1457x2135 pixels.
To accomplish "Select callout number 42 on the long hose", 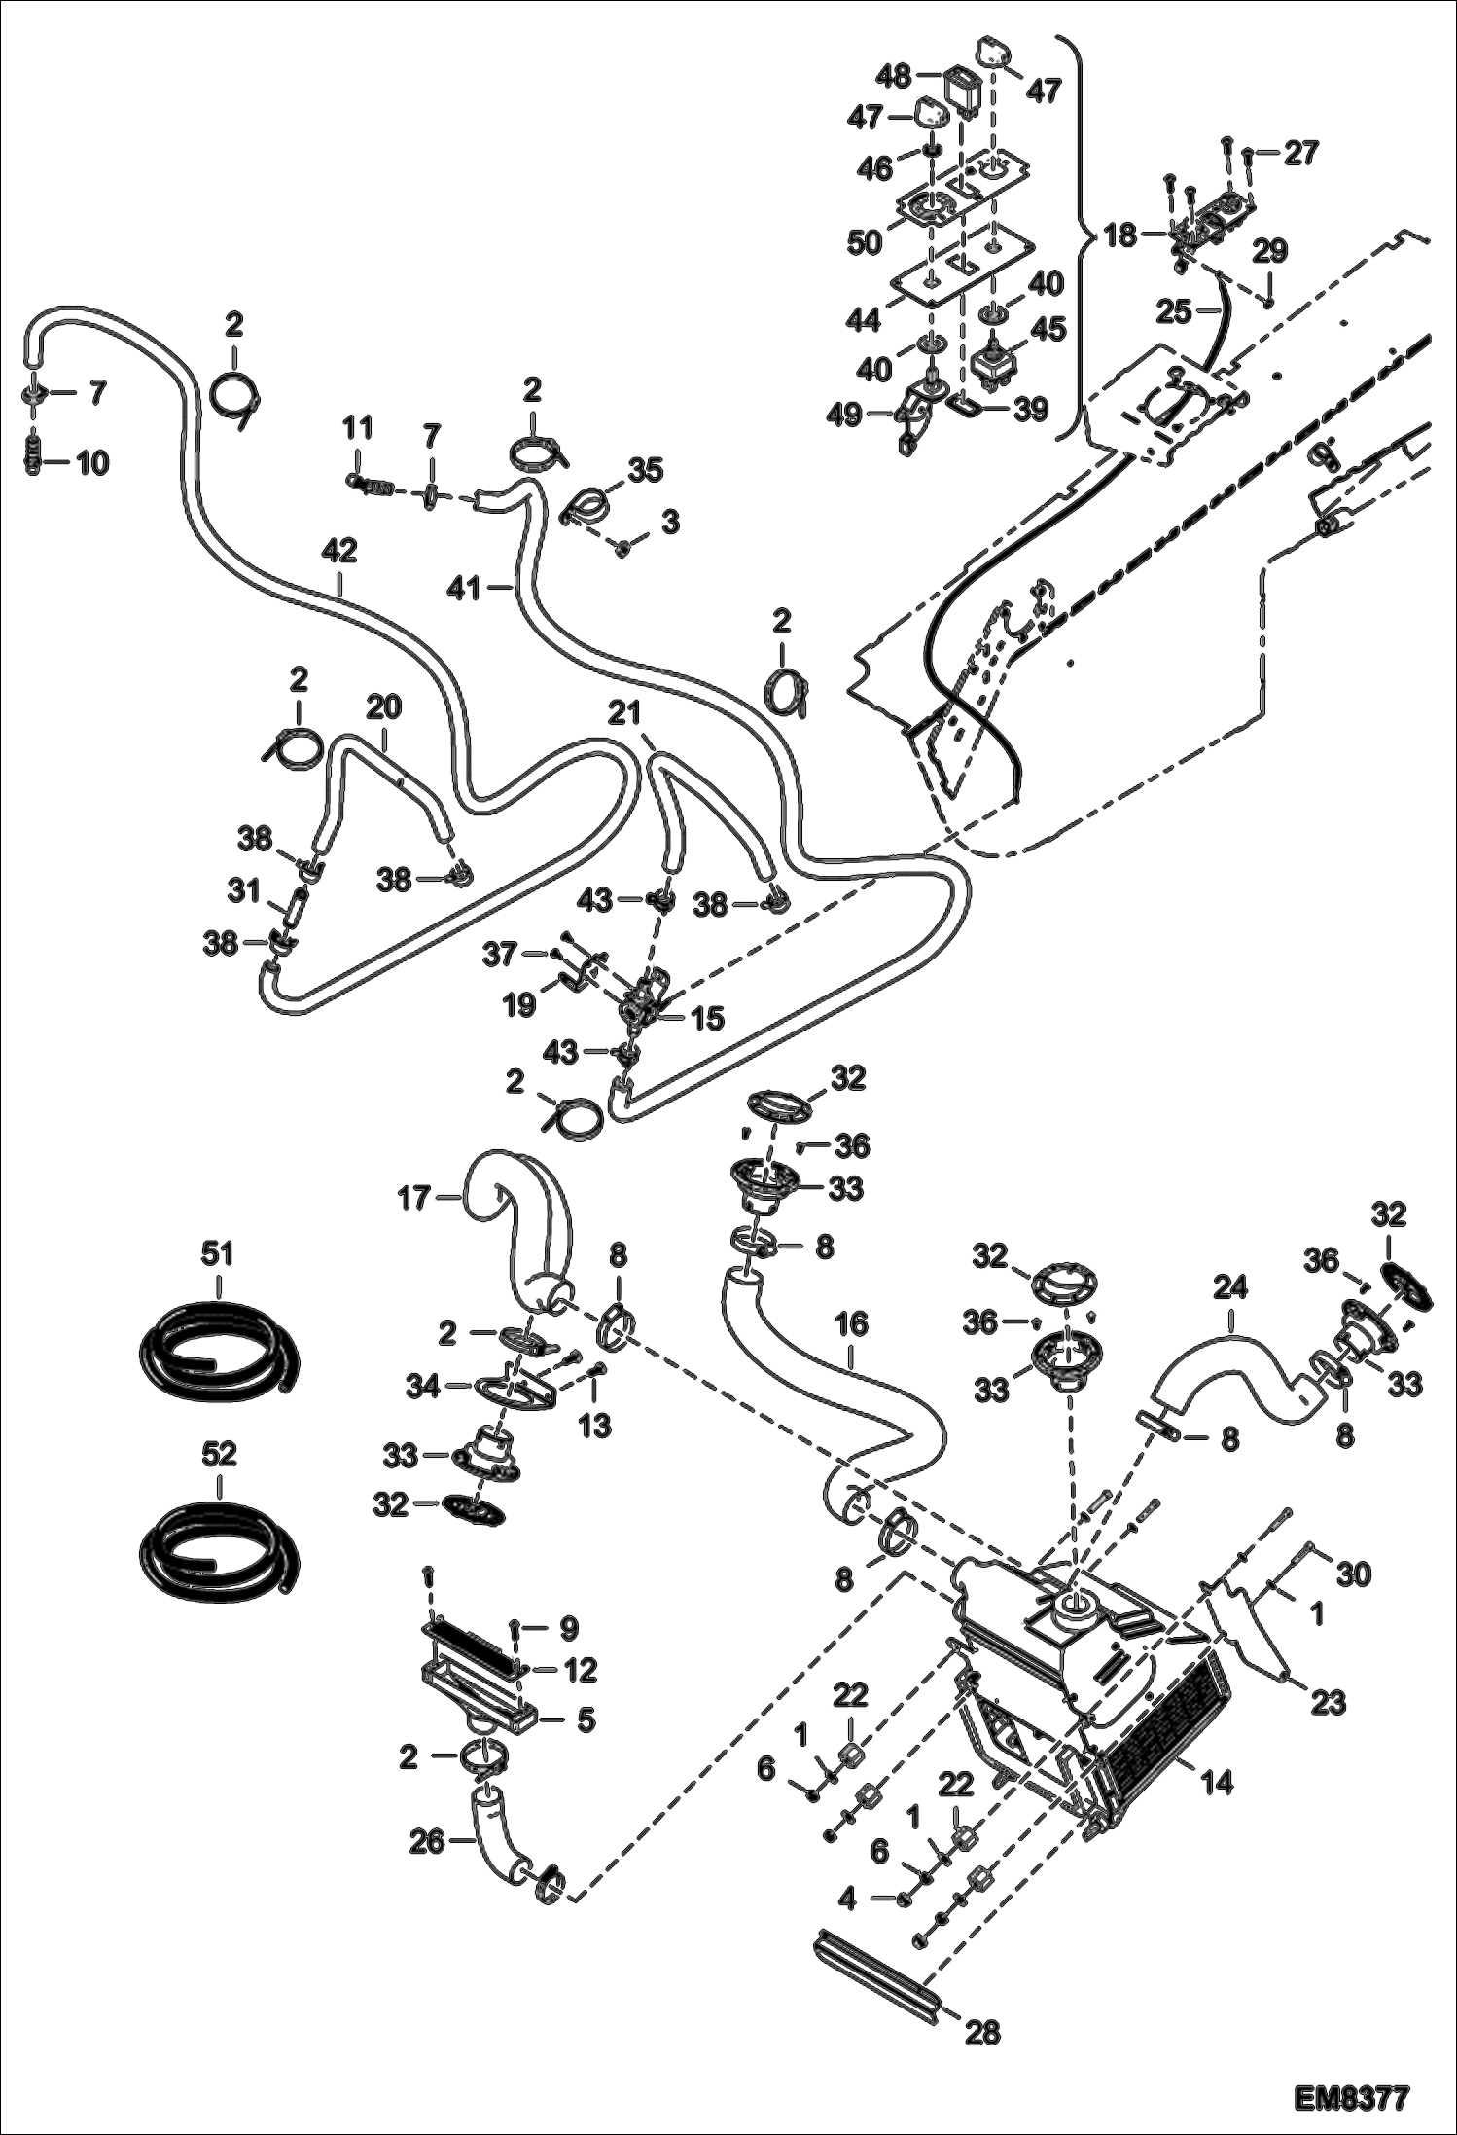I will [339, 552].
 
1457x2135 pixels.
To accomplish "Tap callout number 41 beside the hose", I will [466, 587].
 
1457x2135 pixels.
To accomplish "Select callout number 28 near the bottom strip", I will [982, 2032].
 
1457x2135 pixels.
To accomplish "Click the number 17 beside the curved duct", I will [414, 1198].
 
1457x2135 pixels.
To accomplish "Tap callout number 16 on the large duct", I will [852, 1325].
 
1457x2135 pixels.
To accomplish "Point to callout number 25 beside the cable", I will [1174, 311].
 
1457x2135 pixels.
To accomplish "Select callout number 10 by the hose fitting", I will [92, 463].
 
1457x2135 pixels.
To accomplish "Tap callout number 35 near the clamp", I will [645, 472].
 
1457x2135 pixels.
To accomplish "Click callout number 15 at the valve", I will [707, 1019].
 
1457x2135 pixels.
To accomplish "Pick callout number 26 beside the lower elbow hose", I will [427, 1841].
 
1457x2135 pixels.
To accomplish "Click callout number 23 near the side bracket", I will [1329, 1703].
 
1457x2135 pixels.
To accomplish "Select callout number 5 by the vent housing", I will [586, 1720].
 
